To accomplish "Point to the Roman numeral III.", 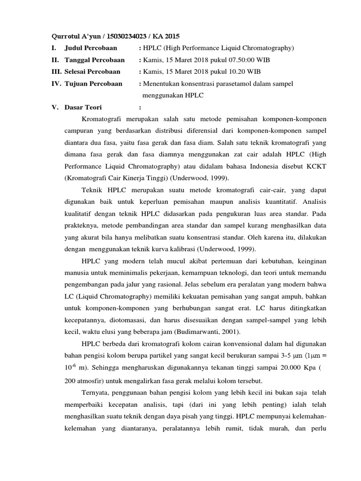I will (56, 72).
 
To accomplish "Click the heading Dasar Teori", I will (83, 108).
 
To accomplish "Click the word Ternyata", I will (96, 392).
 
